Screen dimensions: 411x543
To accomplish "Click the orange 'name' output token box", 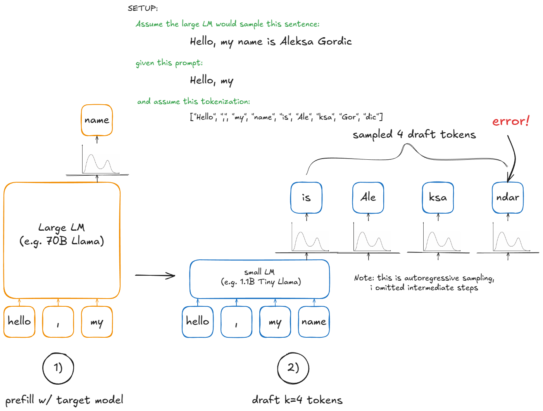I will pos(97,120).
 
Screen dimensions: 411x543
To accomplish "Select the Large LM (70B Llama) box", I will pos(62,240).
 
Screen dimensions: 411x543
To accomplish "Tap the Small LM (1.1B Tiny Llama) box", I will pos(259,279).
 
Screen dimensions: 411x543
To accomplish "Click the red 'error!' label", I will pos(510,121).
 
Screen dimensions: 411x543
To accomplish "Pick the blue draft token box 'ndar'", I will pos(508,198).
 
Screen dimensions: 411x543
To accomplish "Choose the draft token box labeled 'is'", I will pos(306,198).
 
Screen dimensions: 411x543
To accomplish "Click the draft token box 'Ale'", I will pos(368,198).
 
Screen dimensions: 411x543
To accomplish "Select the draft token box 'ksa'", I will pos(438,198).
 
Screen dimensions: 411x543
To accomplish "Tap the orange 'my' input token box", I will pos(97,322).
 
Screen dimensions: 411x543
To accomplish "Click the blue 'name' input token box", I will pos(314,322).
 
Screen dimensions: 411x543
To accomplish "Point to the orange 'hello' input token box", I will pos(19,322).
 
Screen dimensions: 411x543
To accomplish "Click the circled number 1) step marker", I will pos(58,368).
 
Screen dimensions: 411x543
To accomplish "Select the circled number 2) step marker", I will pos(293,368).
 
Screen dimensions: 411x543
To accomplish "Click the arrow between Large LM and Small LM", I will pos(155,276).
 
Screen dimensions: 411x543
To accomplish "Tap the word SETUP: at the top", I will pos(143,8).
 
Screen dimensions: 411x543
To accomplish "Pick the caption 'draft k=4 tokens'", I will pos(297,400).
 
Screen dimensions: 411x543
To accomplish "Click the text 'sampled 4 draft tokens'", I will pos(414,135).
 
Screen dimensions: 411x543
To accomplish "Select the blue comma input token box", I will pos(236,322).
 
